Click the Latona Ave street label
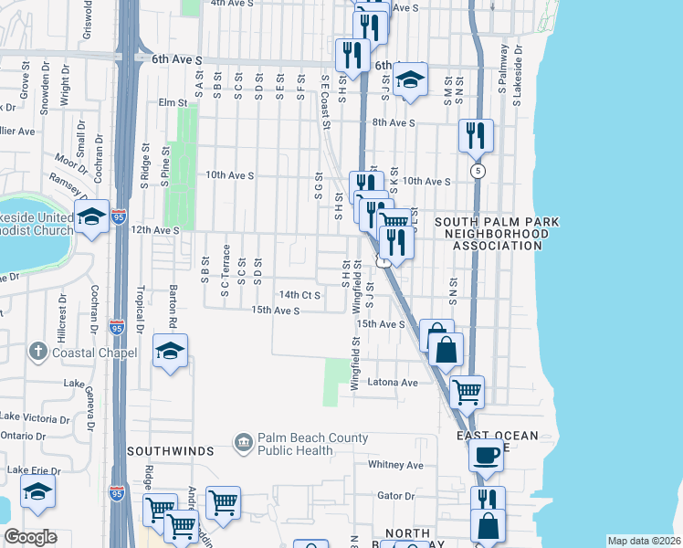(x=393, y=383)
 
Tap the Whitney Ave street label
(x=395, y=465)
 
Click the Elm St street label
(x=172, y=103)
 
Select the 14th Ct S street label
(x=299, y=295)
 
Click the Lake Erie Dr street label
(x=34, y=470)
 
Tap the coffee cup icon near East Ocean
(x=486, y=454)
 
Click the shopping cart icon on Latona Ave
(x=467, y=392)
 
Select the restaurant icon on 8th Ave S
(x=476, y=135)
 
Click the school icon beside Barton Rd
(x=171, y=352)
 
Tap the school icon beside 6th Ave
(x=411, y=79)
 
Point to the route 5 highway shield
(x=477, y=171)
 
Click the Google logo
(x=30, y=537)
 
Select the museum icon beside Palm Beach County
(x=244, y=444)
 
